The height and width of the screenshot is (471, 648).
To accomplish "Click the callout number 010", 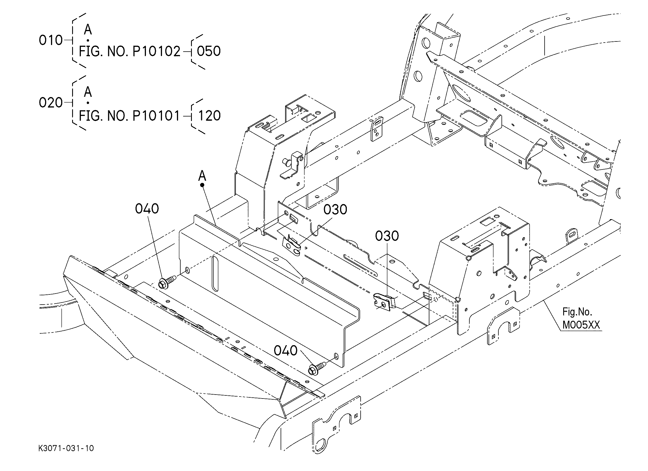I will [50, 40].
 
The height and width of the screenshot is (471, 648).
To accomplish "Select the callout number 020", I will [50, 103].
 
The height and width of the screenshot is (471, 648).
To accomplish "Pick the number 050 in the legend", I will [209, 52].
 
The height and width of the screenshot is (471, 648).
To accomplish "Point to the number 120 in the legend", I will [209, 116].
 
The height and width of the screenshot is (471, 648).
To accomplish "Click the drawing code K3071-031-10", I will [66, 448].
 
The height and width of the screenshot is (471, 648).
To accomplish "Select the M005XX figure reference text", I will [581, 325].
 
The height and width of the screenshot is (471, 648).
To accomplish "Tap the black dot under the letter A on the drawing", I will [202, 185].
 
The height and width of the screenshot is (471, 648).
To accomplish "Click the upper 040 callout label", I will [147, 209].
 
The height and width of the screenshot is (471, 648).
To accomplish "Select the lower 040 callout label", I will [285, 350].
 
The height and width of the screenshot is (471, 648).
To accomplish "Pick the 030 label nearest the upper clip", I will [335, 210].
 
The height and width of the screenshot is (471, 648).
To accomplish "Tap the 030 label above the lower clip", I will [387, 236].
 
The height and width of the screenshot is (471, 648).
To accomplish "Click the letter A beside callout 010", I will [88, 29].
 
